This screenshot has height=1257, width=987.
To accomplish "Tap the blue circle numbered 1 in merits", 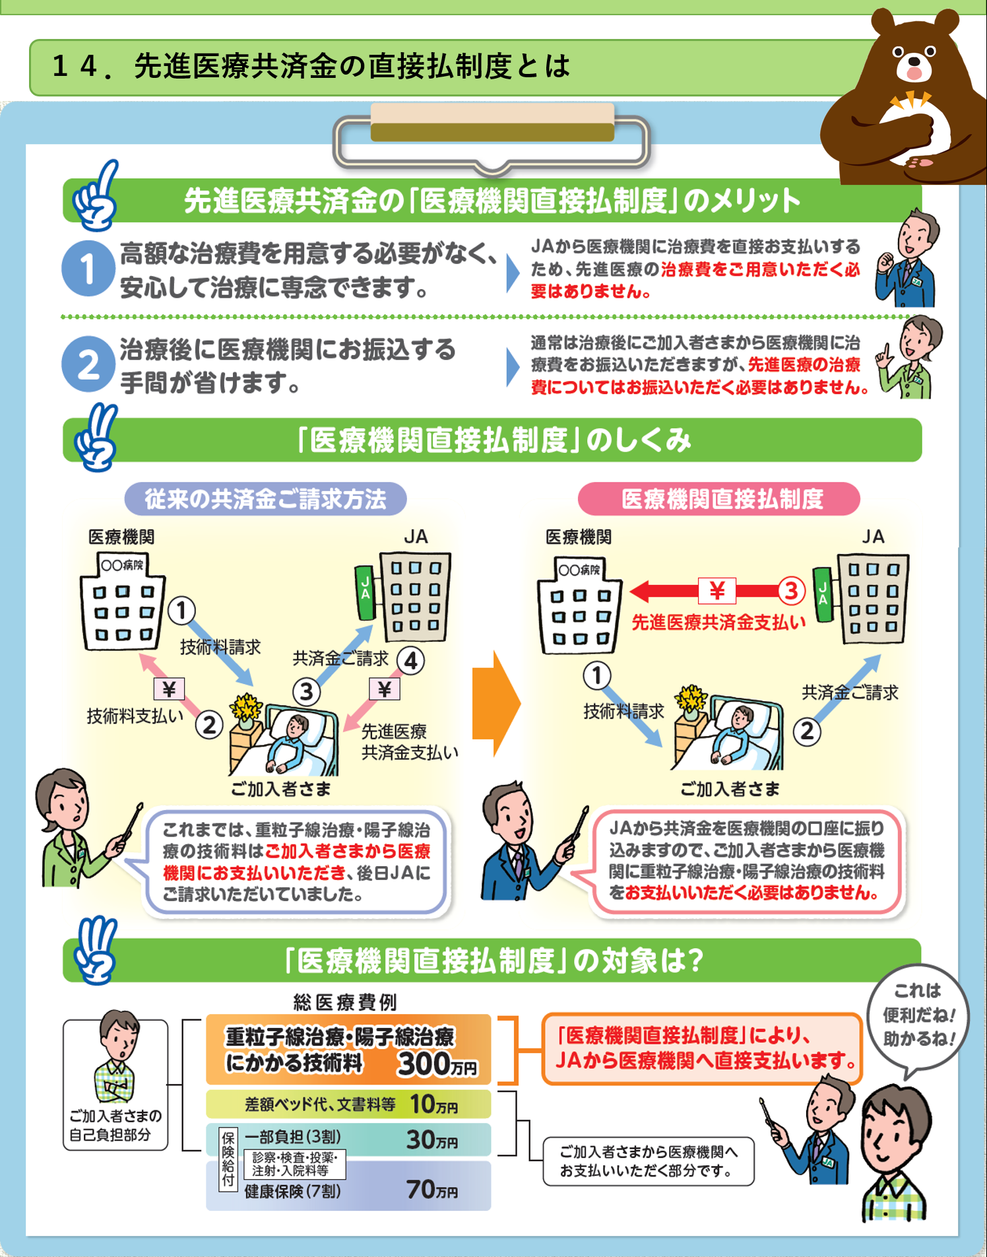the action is (x=88, y=268).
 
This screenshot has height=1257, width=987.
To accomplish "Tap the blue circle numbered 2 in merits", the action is (x=88, y=364).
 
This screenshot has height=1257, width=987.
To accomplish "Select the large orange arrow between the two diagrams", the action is (x=496, y=704).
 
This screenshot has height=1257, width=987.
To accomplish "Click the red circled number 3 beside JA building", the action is (x=791, y=590).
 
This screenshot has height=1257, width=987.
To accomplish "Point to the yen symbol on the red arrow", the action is (x=717, y=590).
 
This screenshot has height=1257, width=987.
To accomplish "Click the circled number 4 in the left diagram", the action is (x=410, y=660).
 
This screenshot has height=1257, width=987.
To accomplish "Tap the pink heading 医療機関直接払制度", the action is (x=719, y=499).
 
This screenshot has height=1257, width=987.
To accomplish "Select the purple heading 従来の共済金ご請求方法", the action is (x=265, y=499).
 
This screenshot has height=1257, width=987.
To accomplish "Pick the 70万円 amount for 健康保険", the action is (x=431, y=1190).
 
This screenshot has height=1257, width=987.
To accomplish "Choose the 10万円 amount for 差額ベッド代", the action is (x=433, y=1104).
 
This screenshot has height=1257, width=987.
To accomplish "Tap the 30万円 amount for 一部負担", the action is (x=431, y=1140).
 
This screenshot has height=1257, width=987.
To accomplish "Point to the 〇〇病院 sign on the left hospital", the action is (x=121, y=565).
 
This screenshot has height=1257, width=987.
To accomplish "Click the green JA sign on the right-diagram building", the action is (x=822, y=594).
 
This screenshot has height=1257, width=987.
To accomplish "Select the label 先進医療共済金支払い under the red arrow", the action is (x=718, y=623).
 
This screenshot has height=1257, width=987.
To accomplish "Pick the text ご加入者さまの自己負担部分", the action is (x=115, y=1125).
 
